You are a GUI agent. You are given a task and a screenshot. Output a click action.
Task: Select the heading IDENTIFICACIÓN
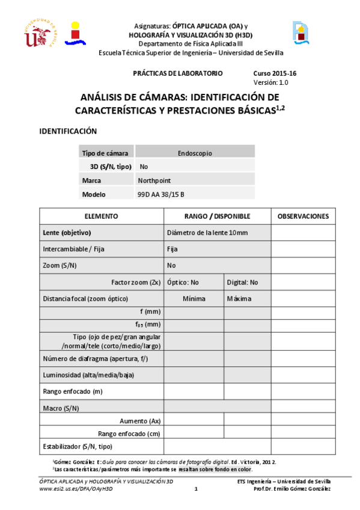point(67,131)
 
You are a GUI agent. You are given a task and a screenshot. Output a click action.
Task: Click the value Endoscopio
point(195,153)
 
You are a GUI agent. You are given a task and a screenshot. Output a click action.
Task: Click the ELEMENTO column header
point(101,217)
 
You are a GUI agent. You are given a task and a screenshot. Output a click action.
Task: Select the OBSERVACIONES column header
point(303,217)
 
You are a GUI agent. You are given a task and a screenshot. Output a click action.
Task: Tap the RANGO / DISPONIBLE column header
point(217,217)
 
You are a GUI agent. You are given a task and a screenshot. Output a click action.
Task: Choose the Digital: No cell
point(242,282)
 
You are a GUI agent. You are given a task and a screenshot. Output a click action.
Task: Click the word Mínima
point(194,299)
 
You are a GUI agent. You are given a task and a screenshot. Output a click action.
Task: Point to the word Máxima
point(239,299)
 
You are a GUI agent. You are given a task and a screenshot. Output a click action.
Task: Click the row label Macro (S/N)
point(61,408)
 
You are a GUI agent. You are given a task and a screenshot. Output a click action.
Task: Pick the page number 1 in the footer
point(196,489)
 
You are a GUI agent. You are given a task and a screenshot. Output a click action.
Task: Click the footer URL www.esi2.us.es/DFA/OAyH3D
point(76,489)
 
